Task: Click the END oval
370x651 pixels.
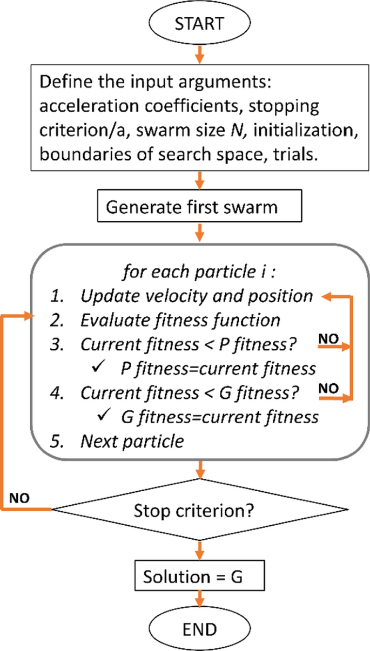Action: [x=200, y=628]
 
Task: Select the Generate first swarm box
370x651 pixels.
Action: [x=200, y=207]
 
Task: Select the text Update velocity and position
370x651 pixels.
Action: [x=197, y=296]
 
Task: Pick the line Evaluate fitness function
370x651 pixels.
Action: [x=180, y=320]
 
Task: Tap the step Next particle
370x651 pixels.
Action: [x=132, y=441]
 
